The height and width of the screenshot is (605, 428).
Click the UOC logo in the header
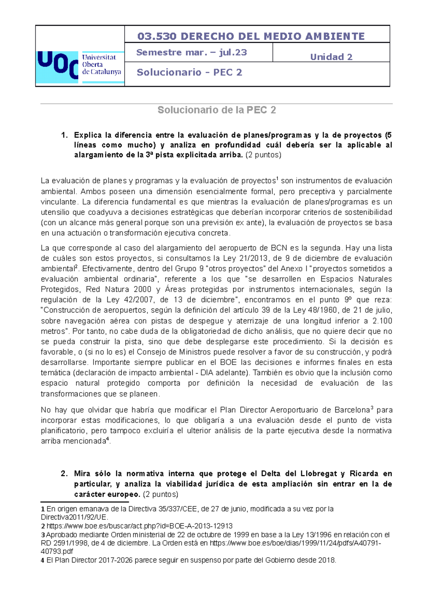tap(79, 66)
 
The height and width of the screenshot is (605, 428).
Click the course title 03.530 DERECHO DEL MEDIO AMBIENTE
tap(251, 36)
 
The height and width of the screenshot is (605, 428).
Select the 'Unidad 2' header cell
tap(331, 57)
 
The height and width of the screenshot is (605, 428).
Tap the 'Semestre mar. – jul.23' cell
tap(192, 52)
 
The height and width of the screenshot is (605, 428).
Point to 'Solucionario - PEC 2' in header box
tap(189, 72)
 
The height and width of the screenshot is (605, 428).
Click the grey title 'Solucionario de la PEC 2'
tap(216, 110)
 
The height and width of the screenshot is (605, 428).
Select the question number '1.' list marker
tap(64, 135)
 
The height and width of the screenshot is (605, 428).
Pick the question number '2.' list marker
tap(64, 474)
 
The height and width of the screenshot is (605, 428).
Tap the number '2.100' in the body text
tap(382, 321)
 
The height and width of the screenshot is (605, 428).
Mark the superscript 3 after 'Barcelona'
tap(372, 408)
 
